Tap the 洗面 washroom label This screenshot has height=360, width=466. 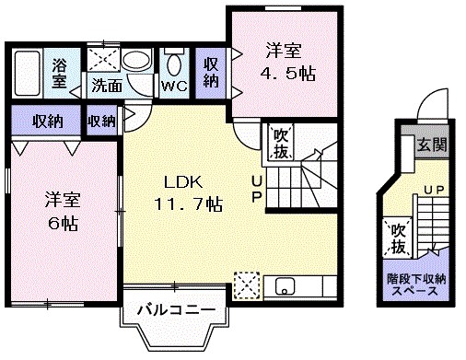tap(106, 87)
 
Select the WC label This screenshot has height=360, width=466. tap(173, 87)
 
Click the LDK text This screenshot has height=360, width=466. tap(182, 180)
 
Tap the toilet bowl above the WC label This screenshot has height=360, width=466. tap(173, 63)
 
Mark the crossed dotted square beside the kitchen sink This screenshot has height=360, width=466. tap(246, 285)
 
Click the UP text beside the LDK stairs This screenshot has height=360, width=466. tap(259, 191)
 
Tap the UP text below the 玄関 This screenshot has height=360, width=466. tap(431, 190)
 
